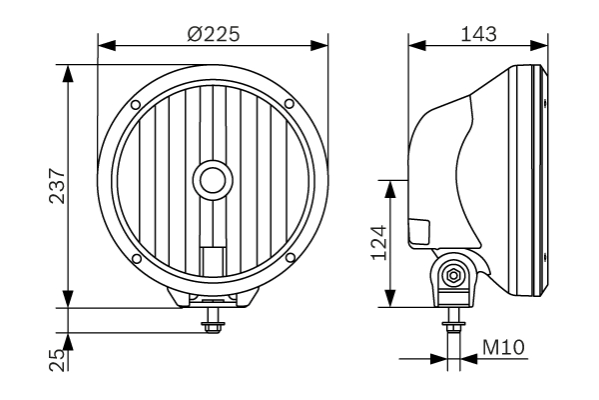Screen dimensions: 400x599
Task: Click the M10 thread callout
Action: point(504,348)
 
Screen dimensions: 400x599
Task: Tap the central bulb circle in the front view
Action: point(212,180)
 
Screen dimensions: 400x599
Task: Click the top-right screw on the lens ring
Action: point(289,103)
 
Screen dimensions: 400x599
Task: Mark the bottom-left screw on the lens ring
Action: point(135,258)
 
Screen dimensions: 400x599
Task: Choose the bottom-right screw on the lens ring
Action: point(289,258)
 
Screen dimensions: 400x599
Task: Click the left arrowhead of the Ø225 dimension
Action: point(104,44)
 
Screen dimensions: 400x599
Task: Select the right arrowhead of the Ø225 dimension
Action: point(322,44)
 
